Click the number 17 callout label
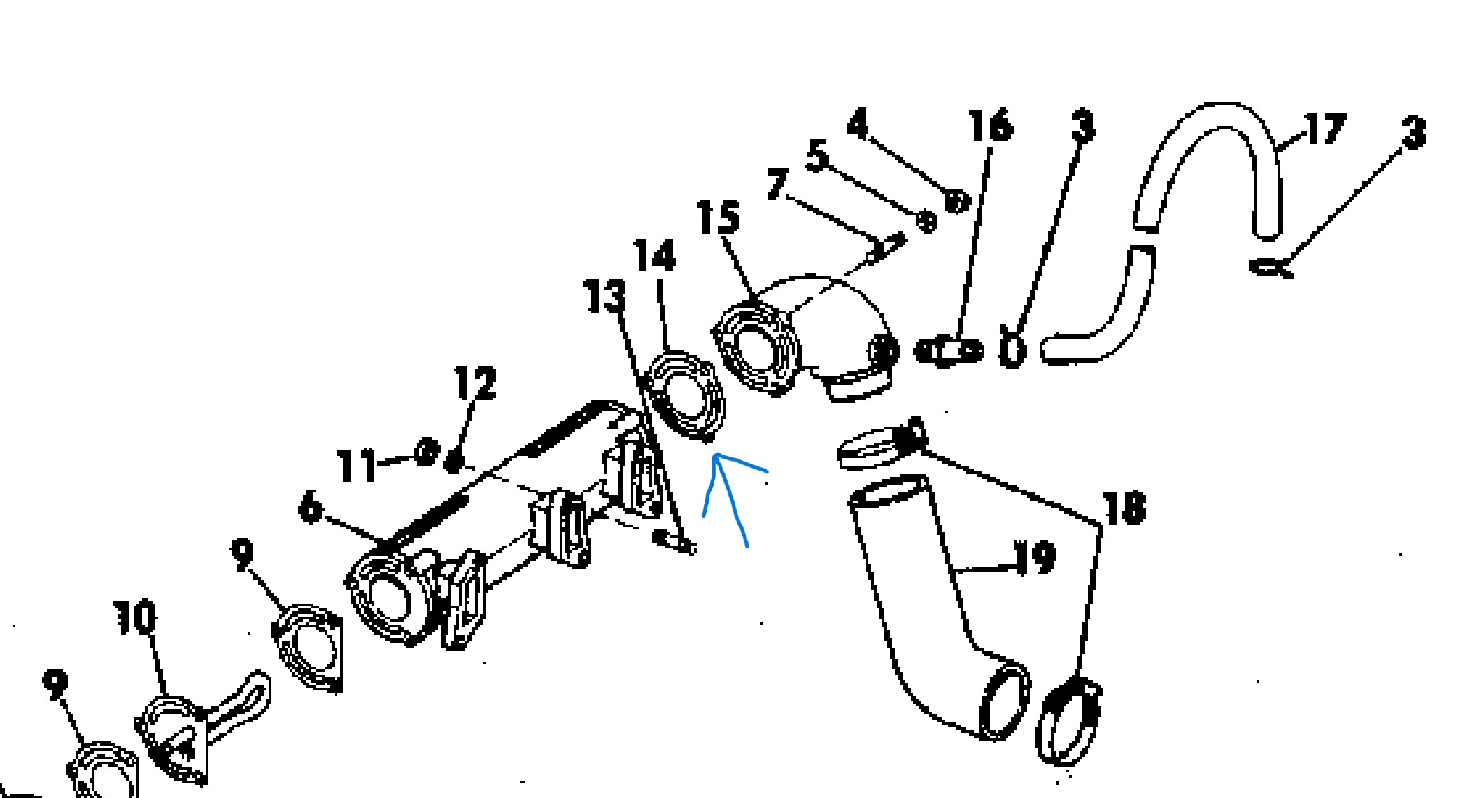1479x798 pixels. click(1324, 129)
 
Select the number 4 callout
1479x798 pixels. click(858, 124)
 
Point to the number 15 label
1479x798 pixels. click(719, 217)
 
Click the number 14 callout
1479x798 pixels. click(655, 255)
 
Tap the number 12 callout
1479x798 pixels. click(476, 383)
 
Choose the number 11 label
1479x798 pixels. click(357, 465)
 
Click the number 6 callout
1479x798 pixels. click(310, 506)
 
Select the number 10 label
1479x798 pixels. click(136, 617)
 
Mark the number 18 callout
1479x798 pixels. click(1124, 508)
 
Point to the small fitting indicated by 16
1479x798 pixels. click(949, 350)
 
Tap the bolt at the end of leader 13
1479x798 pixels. click(674, 541)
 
